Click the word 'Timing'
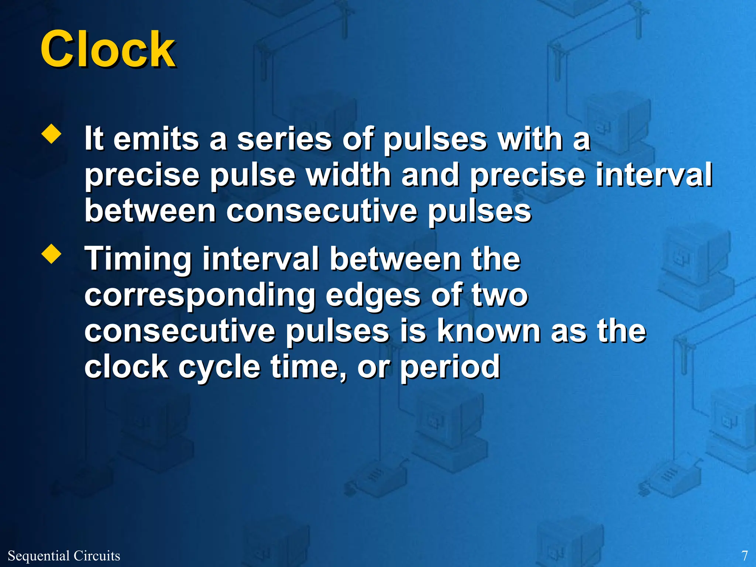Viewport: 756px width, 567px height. [138, 260]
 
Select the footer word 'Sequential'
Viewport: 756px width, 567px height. [38, 556]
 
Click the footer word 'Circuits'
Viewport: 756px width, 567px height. [97, 556]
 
